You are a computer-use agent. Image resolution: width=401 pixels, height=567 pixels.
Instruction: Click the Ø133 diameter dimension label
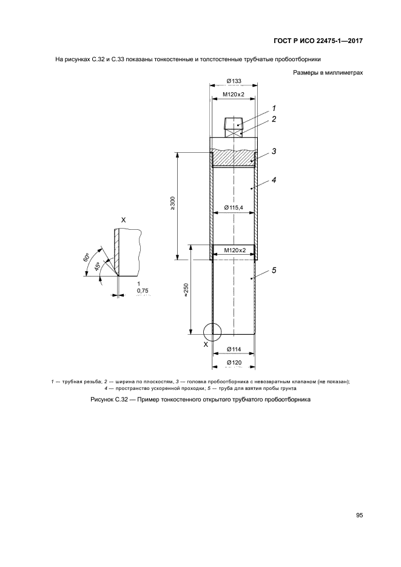pos(234,81)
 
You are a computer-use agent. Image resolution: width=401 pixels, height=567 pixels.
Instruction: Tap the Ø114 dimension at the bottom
pos(234,349)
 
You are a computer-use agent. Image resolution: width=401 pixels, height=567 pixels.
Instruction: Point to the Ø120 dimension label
pos(234,363)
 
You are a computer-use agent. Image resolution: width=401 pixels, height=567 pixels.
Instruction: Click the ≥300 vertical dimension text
pos(172,203)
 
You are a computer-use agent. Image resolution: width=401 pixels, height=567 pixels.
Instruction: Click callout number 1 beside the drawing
pos(274,108)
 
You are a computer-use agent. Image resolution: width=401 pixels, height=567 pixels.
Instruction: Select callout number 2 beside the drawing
pos(274,119)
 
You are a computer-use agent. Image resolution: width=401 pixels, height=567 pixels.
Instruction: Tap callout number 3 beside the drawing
pos(274,151)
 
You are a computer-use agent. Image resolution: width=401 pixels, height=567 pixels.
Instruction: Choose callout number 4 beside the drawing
pos(274,179)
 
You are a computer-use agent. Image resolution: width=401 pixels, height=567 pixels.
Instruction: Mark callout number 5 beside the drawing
pos(274,270)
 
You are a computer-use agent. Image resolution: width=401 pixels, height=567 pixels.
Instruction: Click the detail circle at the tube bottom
pos(212,323)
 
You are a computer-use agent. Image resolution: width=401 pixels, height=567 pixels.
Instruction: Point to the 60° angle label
pos(86,257)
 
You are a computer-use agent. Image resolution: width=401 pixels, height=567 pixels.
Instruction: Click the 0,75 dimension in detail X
pos(143,290)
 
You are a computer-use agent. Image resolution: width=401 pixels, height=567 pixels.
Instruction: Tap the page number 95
pos(359,515)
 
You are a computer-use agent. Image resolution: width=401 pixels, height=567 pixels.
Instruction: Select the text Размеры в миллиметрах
pos(328,73)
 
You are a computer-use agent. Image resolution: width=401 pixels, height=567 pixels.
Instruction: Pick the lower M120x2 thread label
pos(234,250)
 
